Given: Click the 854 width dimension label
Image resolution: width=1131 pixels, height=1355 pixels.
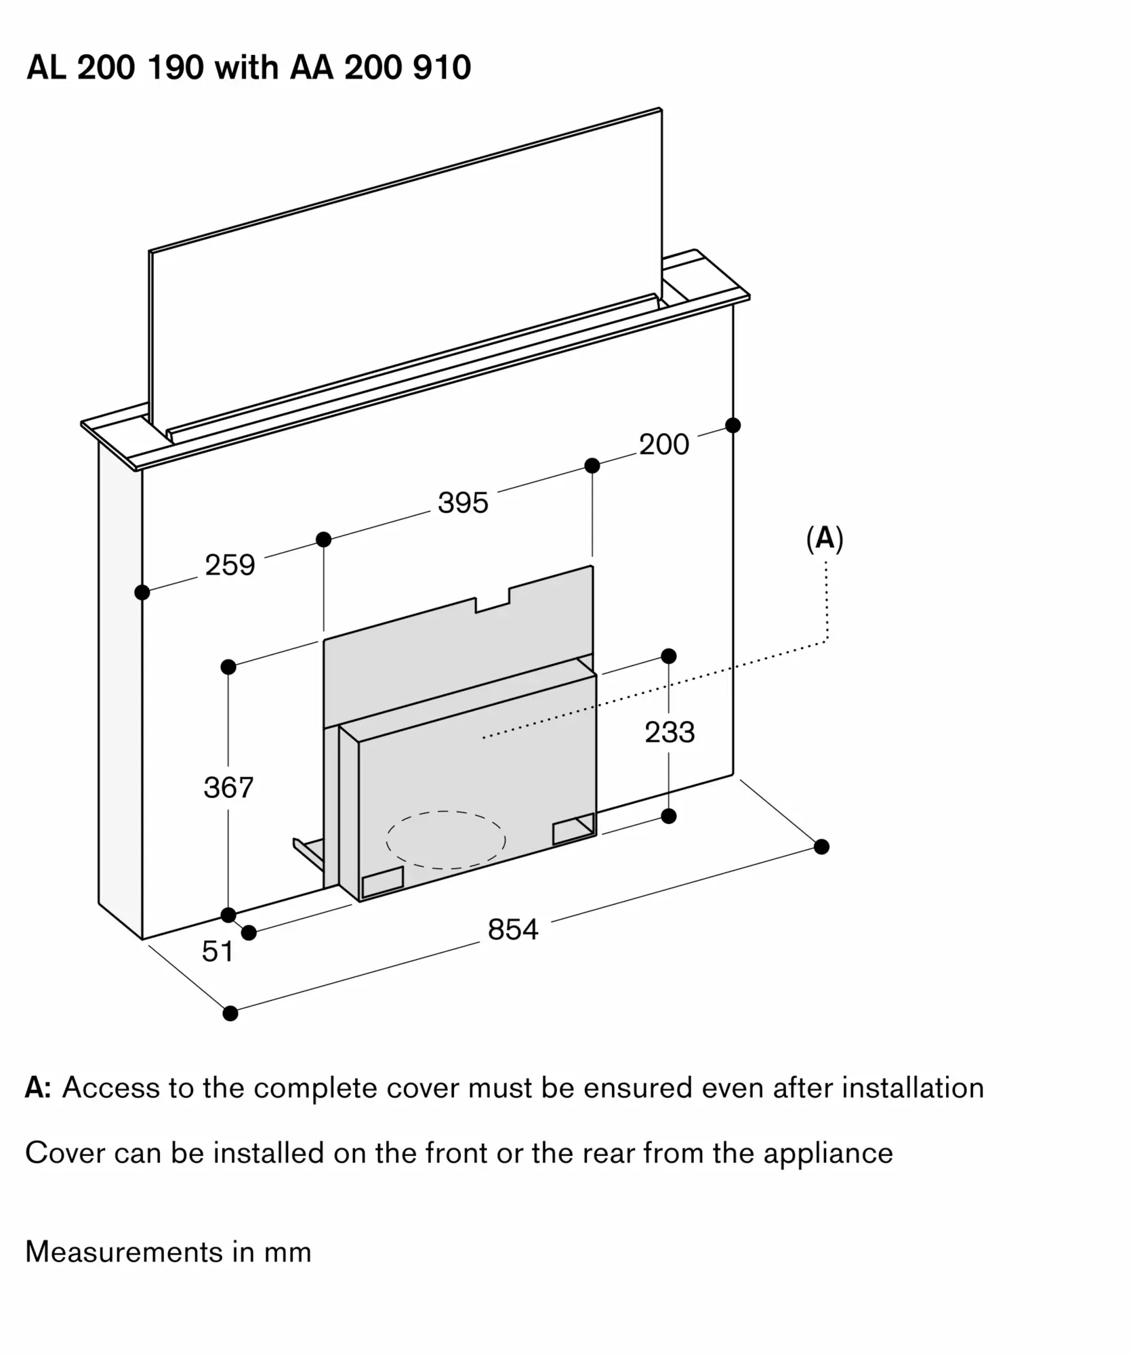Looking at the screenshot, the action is click(513, 930).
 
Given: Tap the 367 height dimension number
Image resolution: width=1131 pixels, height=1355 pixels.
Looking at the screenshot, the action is click(228, 787).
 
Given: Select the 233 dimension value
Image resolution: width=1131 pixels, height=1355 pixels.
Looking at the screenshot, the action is click(670, 732).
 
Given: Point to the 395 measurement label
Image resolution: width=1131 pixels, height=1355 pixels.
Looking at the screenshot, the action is click(463, 503).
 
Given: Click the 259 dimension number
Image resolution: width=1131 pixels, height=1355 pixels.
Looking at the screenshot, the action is click(230, 565).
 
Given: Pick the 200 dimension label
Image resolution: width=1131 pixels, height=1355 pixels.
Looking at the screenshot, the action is click(664, 444).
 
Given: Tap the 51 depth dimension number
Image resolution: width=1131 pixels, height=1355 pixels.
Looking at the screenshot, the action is click(218, 952).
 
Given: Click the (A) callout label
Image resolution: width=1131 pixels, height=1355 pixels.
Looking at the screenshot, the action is click(825, 539).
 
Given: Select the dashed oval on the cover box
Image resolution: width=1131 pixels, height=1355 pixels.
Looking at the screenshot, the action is click(446, 839).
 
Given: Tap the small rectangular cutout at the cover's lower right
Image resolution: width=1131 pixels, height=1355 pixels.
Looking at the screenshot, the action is click(575, 829).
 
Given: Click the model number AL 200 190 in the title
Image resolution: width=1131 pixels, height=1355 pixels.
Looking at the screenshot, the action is click(115, 68).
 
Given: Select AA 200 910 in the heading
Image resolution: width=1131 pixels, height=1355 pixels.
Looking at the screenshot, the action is click(380, 68).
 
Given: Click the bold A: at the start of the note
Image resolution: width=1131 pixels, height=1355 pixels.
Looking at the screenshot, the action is click(38, 1088).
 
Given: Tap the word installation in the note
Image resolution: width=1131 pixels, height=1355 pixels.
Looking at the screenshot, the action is click(913, 1088).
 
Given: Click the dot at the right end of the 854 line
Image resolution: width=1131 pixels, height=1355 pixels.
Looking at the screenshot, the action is click(821, 847).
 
